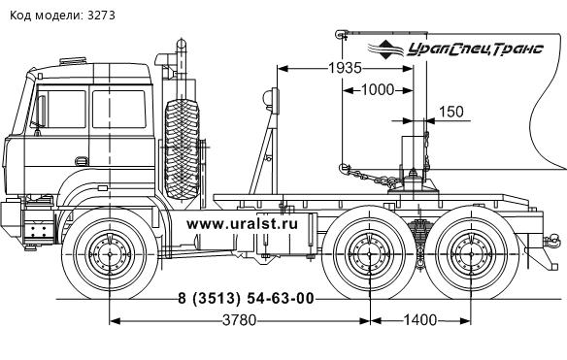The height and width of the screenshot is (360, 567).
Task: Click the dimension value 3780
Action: [x=239, y=320]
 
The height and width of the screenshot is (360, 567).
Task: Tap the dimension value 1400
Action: [x=419, y=320]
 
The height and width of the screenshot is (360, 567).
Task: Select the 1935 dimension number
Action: [x=345, y=68]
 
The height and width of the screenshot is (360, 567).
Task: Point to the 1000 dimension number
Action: [x=378, y=89]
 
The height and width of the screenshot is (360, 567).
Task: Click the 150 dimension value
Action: [x=451, y=112]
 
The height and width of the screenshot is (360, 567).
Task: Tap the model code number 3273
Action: [x=101, y=16]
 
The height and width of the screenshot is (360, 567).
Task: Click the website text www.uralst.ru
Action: [x=243, y=224]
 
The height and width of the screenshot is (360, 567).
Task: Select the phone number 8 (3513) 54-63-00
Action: [x=246, y=299]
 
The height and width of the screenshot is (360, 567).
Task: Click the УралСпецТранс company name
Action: [x=475, y=49]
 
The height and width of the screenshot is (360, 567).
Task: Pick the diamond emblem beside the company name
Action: [x=385, y=49]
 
